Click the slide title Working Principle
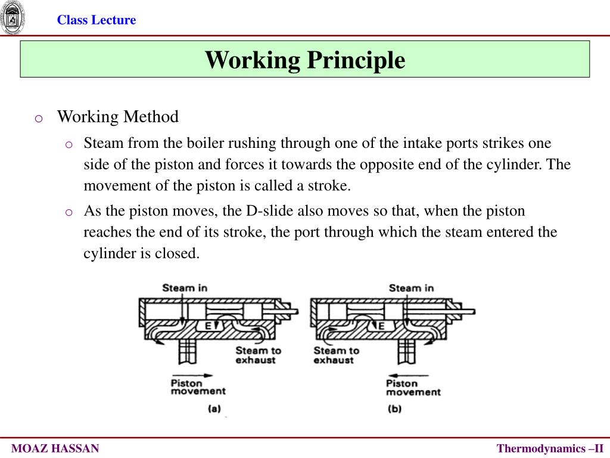tap(305, 60)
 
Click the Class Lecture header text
tap(97, 20)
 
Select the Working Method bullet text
tap(117, 117)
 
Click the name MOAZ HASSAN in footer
tap(56, 448)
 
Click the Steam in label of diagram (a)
tap(185, 288)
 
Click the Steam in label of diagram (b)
tap(411, 288)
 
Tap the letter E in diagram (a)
tap(208, 326)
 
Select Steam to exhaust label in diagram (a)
tap(259, 355)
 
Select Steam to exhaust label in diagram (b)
tap(337, 355)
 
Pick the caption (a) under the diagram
tap(214, 409)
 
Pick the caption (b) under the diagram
tap(394, 409)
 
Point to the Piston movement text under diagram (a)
tap(198, 386)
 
